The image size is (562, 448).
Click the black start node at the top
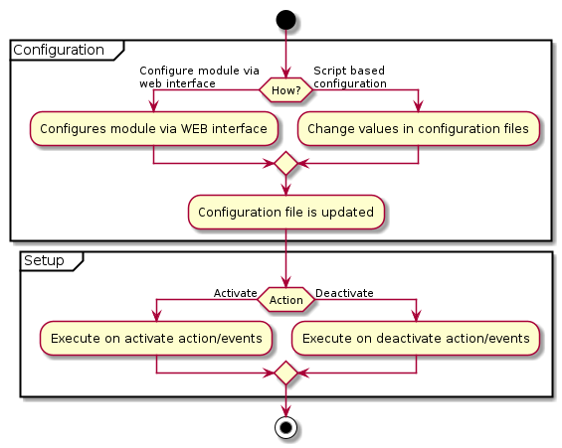click(x=285, y=19)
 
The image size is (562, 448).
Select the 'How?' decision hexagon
click(x=285, y=89)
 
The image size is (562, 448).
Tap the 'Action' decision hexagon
click(x=285, y=300)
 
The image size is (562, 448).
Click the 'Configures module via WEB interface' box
click(x=153, y=128)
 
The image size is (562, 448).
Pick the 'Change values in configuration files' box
click(x=419, y=128)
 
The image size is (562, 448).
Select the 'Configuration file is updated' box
click(x=285, y=213)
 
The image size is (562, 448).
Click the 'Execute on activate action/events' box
click(x=156, y=339)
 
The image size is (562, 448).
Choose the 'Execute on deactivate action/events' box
click(x=416, y=339)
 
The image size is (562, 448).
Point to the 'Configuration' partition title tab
click(x=60, y=50)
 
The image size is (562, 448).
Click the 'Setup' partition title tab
click(x=45, y=261)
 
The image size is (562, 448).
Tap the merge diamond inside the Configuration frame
click(x=285, y=163)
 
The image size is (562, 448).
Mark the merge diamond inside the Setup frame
click(x=285, y=373)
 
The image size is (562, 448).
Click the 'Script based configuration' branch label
click(x=349, y=77)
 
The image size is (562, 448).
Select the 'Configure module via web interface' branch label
click(x=198, y=77)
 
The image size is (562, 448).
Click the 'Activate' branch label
click(x=235, y=293)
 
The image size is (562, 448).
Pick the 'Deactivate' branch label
click(x=344, y=293)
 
